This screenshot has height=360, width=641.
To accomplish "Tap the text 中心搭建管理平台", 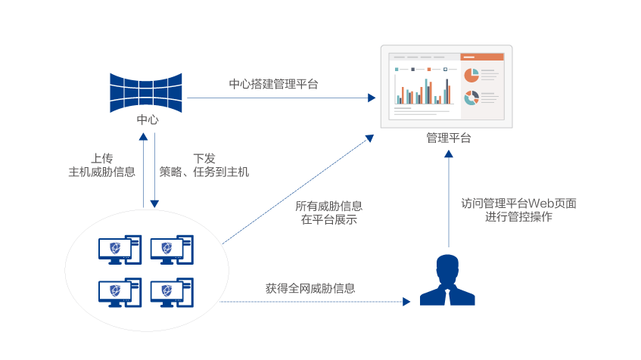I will click(x=273, y=84).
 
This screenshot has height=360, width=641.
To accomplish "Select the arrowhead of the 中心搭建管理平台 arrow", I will click(x=372, y=98).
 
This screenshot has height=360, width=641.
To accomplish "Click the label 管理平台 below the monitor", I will click(x=448, y=138).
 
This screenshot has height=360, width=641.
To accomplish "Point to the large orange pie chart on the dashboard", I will click(x=471, y=75).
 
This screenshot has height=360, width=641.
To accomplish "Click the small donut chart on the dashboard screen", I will click(x=471, y=98).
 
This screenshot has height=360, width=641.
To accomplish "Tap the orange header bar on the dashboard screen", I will click(x=482, y=57).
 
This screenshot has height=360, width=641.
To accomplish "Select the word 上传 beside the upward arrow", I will click(x=102, y=158).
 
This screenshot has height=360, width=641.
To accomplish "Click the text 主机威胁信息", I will click(x=102, y=172).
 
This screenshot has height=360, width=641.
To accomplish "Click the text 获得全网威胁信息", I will click(x=310, y=288).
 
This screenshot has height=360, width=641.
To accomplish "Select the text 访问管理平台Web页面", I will click(x=518, y=203).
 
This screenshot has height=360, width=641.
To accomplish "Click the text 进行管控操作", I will click(x=518, y=217).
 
